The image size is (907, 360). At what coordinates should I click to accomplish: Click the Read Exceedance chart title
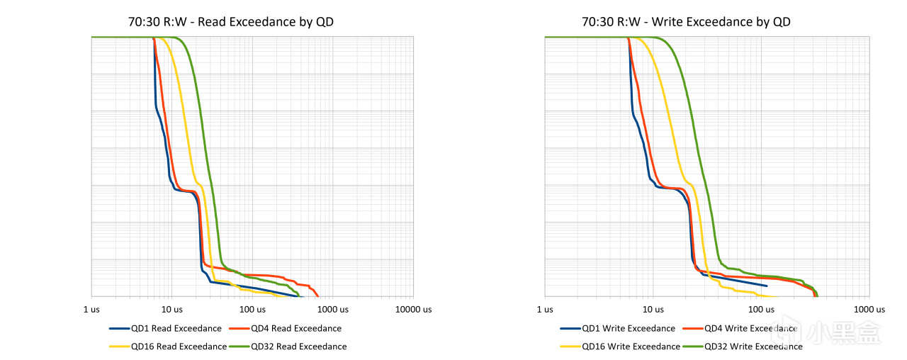[231, 22]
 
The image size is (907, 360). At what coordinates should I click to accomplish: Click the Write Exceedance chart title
[686, 22]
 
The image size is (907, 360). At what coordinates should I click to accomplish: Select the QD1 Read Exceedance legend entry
[166, 328]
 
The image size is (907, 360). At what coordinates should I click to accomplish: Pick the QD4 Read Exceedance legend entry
[286, 328]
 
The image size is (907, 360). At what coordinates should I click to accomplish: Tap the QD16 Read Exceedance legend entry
[168, 347]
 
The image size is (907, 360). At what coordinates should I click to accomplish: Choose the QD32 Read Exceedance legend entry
[288, 347]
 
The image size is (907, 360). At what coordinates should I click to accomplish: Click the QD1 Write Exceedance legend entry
[618, 328]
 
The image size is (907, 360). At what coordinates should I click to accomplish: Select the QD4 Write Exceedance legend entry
[740, 328]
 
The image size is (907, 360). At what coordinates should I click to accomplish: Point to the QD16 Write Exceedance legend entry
[620, 347]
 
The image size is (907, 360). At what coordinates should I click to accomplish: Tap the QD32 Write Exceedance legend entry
[743, 347]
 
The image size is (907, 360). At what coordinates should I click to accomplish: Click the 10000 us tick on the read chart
[413, 310]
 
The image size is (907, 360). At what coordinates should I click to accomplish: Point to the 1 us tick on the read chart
[91, 310]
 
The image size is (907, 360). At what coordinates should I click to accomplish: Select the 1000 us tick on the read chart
[333, 310]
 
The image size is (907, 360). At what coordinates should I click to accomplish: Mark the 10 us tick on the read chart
[172, 310]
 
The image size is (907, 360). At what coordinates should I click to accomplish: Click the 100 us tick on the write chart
[761, 310]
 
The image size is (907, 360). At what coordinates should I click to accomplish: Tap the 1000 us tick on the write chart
[869, 310]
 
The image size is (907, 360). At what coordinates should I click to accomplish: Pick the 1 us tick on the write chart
[545, 310]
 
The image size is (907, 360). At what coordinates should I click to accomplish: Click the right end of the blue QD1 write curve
[767, 286]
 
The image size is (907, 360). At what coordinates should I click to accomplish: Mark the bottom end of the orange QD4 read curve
[318, 296]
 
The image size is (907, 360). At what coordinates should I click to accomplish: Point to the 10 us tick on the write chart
[653, 310]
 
